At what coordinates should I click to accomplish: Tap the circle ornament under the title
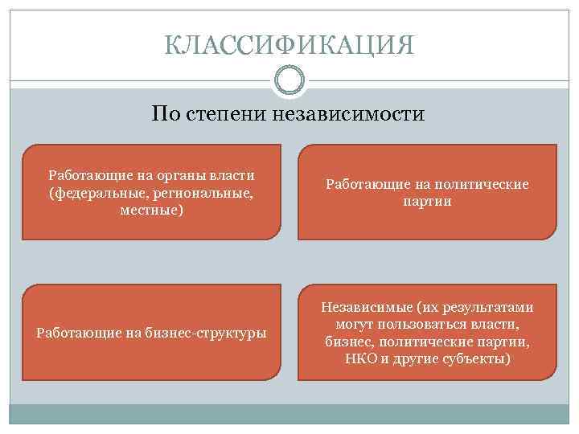[289, 80]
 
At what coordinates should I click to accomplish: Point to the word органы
[175, 175]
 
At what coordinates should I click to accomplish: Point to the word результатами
[489, 307]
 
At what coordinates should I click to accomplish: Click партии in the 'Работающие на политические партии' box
[427, 202]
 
